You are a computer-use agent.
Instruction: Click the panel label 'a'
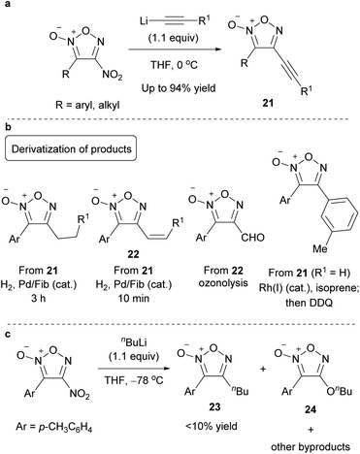(7, 8)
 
